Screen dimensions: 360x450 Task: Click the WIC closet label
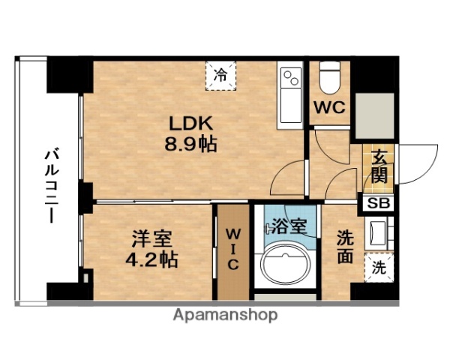[x=232, y=249]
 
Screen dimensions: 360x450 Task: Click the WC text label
[x=329, y=106]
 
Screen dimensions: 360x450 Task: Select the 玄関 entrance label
[x=379, y=168]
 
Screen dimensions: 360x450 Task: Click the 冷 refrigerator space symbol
[x=221, y=74]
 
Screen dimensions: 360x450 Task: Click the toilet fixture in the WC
[x=330, y=77]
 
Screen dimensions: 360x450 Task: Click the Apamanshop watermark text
[x=226, y=315]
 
